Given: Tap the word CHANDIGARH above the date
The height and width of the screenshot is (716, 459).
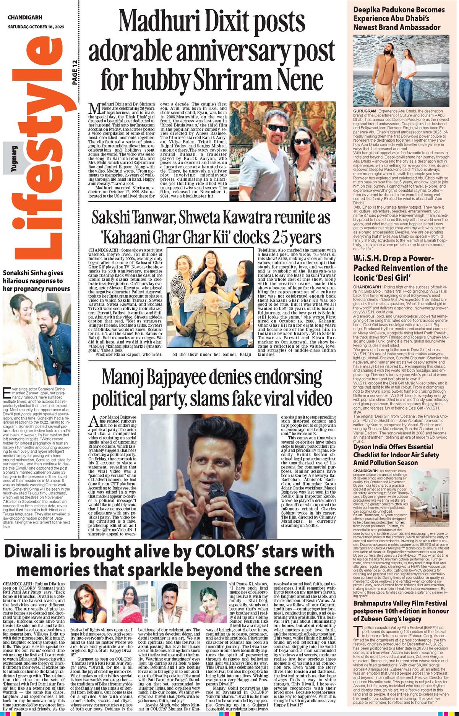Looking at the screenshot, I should (25, 18).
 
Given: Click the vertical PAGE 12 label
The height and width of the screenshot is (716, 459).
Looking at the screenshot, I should (75, 73).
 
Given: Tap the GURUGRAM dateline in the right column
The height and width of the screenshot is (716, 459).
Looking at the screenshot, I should (365, 111).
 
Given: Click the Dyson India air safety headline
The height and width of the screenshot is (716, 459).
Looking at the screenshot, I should (396, 455).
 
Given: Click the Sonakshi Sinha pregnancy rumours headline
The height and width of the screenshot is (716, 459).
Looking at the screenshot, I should (37, 281).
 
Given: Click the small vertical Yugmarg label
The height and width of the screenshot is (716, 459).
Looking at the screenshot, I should (14, 159).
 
